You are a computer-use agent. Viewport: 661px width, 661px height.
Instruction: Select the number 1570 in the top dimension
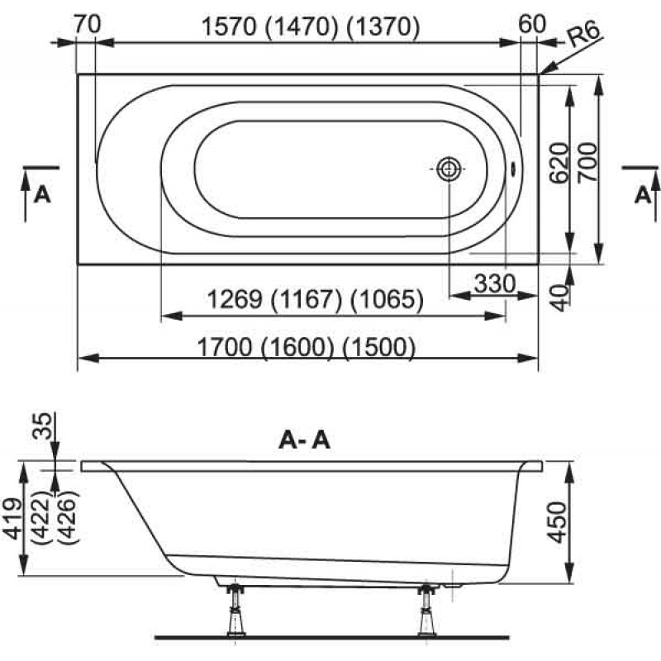pos(230,27)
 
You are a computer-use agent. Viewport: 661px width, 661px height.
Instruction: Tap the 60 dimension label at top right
pos(532,24)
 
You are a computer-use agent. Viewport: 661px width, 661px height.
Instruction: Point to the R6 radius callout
pos(584,36)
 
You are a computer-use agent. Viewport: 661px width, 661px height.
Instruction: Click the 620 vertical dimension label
pos(560,163)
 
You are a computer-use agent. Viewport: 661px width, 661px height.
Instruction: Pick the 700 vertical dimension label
pos(587,163)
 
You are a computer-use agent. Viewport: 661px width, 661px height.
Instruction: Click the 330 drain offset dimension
pos(495,283)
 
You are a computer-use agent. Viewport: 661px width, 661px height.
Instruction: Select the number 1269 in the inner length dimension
pos(235,300)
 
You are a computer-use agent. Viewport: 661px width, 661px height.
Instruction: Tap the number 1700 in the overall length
pos(225,347)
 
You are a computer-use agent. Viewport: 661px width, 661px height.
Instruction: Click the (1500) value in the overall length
pos(378,347)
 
